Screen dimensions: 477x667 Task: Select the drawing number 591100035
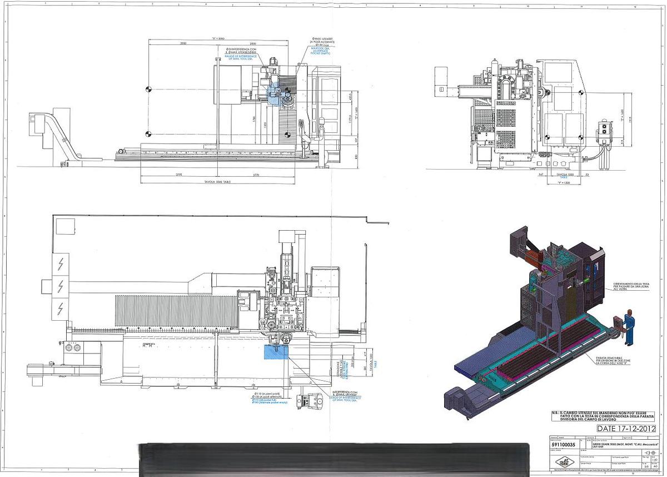pyautogui.click(x=563, y=445)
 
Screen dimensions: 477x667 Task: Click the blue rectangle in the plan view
pyautogui.click(x=276, y=352)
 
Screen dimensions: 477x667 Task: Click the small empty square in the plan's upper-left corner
pyautogui.click(x=66, y=226)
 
